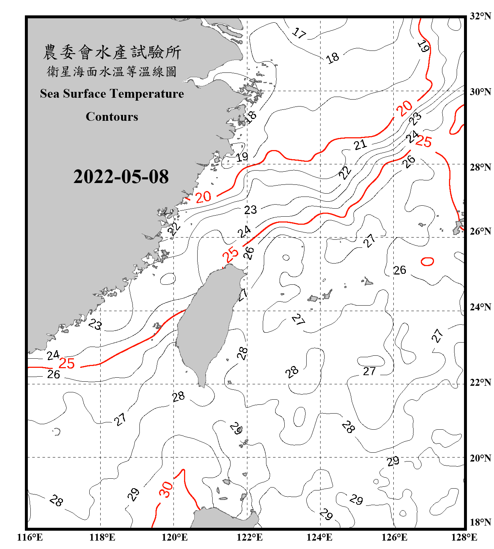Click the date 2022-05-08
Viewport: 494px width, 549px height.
(121, 177)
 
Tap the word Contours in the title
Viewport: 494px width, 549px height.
(112, 117)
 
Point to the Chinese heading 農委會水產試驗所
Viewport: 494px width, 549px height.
(112, 52)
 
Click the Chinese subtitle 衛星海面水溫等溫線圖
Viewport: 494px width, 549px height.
(112, 72)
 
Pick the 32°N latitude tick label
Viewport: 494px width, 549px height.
(480, 16)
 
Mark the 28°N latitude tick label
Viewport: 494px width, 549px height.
(480, 167)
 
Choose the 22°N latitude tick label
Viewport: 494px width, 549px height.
(480, 382)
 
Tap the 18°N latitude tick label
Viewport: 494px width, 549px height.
(480, 522)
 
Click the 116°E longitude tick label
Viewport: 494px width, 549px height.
(30, 537)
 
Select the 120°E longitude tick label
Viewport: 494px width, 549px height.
(175, 537)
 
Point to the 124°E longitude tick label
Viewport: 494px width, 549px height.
(319, 537)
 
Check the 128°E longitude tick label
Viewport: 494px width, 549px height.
(464, 537)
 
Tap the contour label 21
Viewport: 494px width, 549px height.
(360, 145)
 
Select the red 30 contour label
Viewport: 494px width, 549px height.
(166, 489)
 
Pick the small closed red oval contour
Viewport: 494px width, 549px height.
(427, 261)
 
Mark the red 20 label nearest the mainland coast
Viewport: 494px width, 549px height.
(203, 197)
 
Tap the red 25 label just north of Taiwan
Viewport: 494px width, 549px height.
(231, 254)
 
